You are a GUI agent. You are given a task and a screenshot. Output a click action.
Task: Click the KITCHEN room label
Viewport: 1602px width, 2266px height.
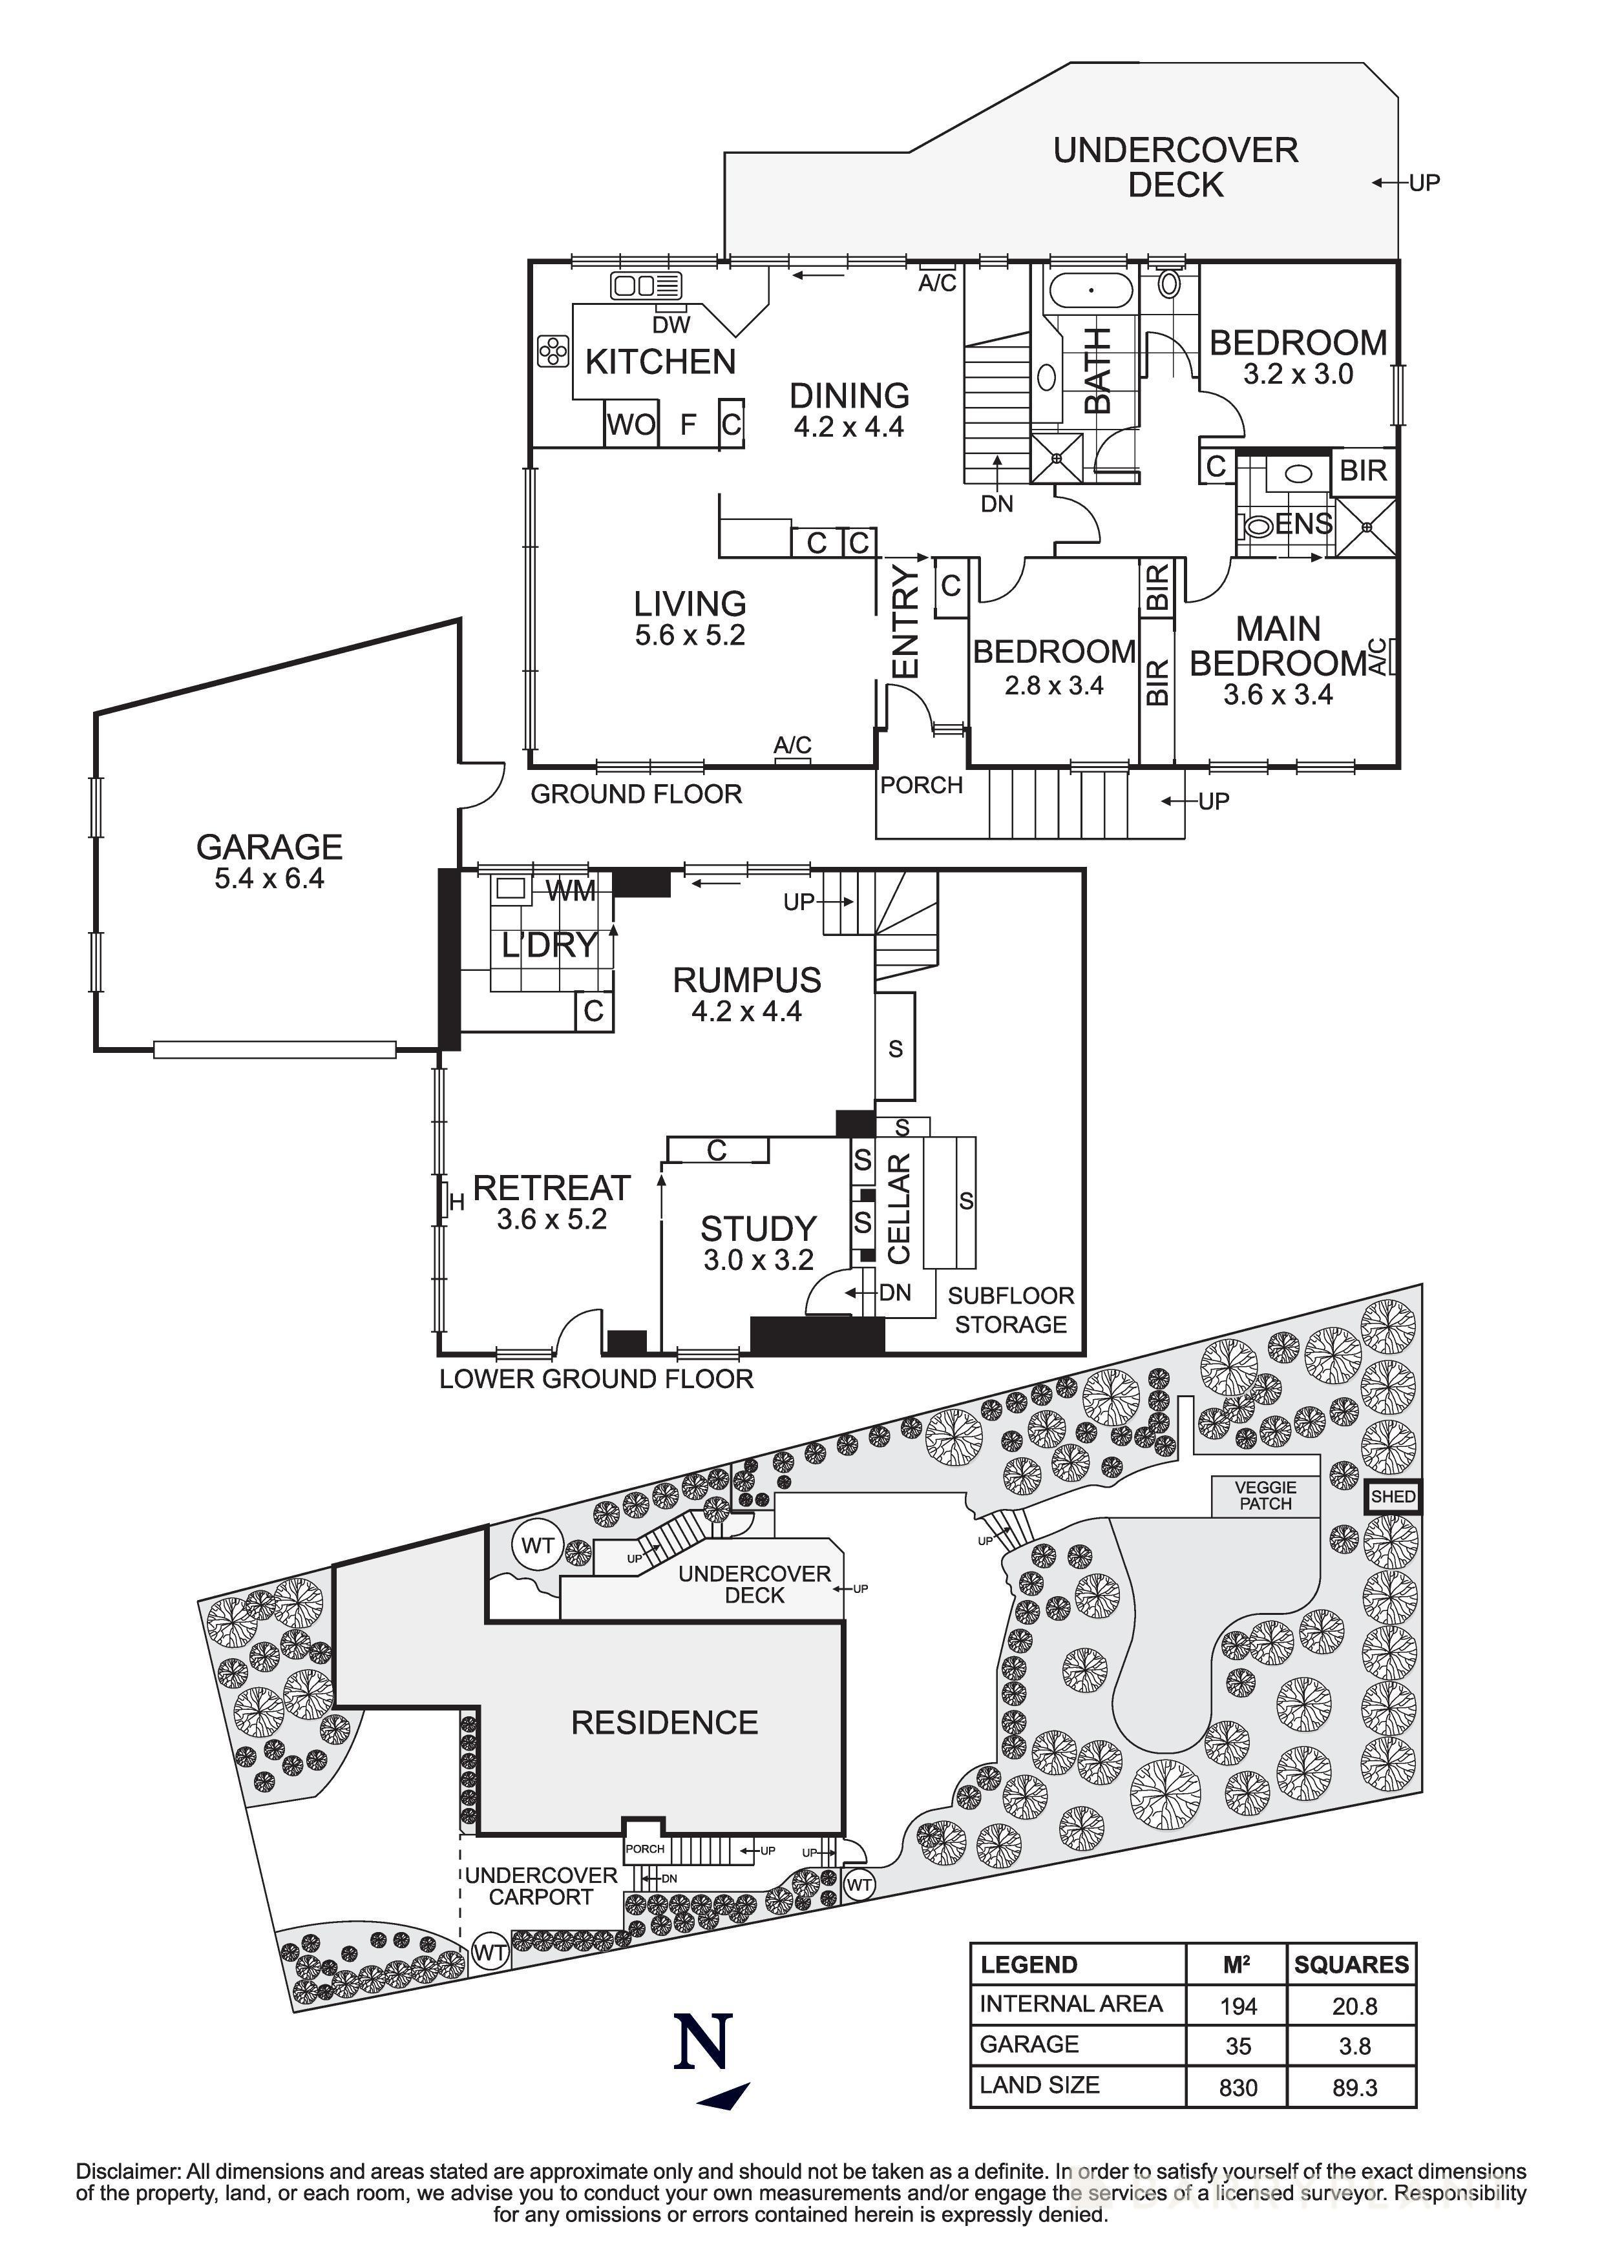pos(660,362)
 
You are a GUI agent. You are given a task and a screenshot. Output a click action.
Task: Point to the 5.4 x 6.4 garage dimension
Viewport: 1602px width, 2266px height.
pos(269,878)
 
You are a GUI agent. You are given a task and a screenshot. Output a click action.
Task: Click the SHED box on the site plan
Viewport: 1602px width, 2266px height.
pos(1392,1497)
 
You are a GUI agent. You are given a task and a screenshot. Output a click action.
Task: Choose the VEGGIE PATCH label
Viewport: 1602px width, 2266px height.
pos(1265,1495)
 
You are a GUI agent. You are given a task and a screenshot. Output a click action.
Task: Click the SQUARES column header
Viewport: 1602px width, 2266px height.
pos(1351,1965)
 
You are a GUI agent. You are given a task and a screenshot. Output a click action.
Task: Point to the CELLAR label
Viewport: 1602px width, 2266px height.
pos(898,1209)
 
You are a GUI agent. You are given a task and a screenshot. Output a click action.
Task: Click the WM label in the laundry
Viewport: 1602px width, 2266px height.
pos(571,892)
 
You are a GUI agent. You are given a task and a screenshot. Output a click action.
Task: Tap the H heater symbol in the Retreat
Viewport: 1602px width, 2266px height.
pos(456,1203)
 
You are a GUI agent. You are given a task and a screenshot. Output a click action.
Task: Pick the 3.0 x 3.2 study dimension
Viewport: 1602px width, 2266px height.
pos(758,1260)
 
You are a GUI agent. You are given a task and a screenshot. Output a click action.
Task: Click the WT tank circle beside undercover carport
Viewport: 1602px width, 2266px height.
pos(490,1952)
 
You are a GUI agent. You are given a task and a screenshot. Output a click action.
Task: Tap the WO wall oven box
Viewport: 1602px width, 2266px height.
pos(631,426)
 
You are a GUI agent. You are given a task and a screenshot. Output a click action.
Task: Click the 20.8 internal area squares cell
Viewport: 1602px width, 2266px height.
pos(1354,2006)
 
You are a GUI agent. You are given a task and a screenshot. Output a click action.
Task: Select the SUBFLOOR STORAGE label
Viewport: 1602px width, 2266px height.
pos(1010,1309)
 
